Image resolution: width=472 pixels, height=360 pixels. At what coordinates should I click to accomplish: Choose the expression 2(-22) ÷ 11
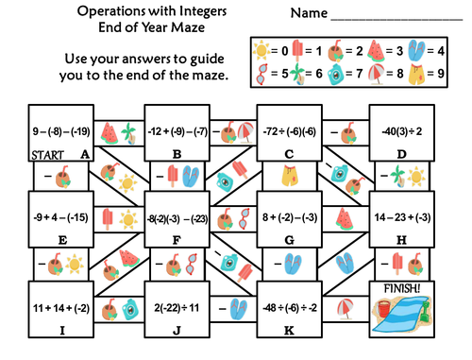176,307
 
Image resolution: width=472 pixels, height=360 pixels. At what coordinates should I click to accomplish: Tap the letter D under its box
402,155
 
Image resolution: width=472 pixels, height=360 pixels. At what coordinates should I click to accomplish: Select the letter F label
176,240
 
